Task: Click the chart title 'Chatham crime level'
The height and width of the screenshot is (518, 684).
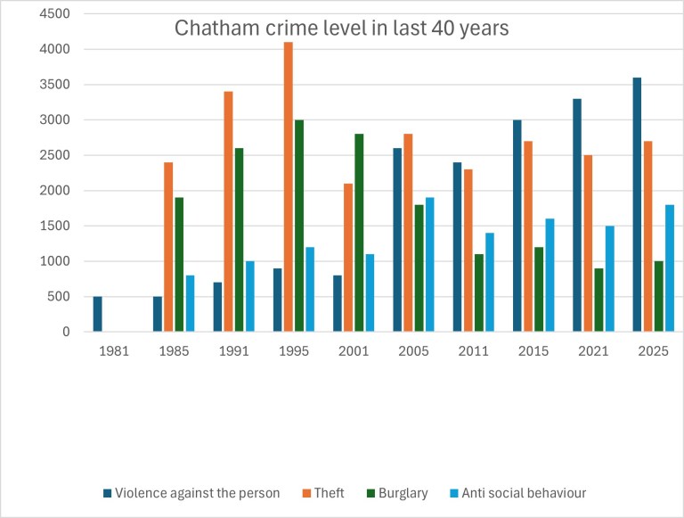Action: point(341,28)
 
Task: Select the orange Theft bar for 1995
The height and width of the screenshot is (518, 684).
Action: point(288,187)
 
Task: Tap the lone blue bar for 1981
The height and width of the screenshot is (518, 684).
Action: point(97,314)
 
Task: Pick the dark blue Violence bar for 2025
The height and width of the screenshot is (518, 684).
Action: point(637,204)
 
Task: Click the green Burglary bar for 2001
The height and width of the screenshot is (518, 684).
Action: point(360,233)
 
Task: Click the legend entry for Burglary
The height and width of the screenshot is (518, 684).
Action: point(399,493)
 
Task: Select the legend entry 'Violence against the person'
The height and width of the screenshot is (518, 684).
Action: point(191,493)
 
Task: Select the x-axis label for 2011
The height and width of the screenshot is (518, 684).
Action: point(474,351)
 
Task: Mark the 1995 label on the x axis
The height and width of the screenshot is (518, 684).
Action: point(294,351)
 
